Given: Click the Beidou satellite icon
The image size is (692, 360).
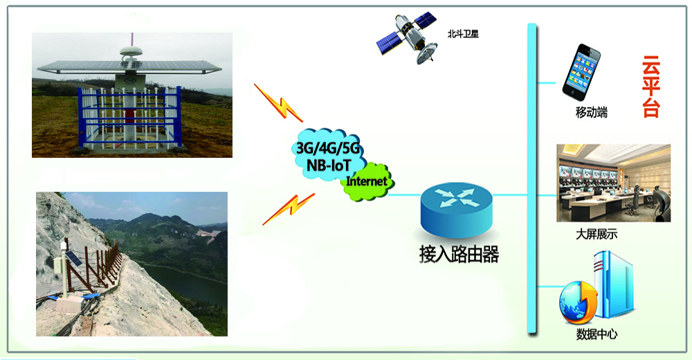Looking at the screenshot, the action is point(407,38).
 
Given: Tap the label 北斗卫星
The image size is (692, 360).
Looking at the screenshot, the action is point(463,33).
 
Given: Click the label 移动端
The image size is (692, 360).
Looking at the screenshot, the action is point(592,112).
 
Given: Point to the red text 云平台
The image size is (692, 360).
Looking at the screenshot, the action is point(650,87).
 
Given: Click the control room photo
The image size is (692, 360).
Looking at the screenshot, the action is point(613,183).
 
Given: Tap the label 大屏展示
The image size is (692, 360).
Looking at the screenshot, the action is point(597,234).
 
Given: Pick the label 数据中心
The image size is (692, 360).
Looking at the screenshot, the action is point(597,334).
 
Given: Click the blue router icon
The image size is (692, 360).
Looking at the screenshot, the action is point(456,209).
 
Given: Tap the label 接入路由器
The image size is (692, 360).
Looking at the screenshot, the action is point(459,254).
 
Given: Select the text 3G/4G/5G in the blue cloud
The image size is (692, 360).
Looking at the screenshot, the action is point(328,148).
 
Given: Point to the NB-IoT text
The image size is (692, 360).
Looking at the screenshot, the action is point(329,165).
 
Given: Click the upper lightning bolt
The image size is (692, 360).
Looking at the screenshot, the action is point(278,103).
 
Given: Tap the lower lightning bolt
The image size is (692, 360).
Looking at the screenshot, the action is point(289,209).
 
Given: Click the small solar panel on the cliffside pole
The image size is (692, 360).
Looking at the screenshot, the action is point(73,258).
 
